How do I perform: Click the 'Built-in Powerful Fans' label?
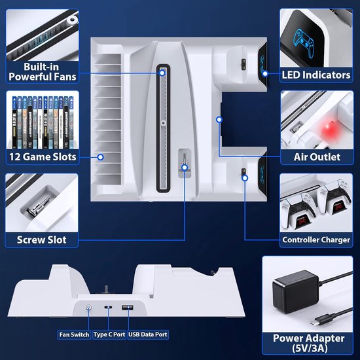(43, 72)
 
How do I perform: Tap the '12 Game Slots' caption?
(43, 157)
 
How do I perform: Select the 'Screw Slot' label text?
(41, 240)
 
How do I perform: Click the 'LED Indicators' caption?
(316, 75)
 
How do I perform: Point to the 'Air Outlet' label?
(317, 157)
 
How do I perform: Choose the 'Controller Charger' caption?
(316, 240)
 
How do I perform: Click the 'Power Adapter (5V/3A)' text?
(308, 343)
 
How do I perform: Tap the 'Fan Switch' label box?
(74, 334)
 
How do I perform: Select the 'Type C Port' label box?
(109, 334)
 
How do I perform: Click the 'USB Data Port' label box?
(148, 334)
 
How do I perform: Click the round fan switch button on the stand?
(88, 307)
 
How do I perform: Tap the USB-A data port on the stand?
(128, 308)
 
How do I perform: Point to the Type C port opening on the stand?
(108, 307)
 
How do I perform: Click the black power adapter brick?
(295, 291)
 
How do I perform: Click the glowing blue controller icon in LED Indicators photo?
(304, 43)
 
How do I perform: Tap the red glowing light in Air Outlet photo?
(329, 128)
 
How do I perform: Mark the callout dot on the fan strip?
(162, 73)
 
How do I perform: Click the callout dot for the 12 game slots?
(100, 157)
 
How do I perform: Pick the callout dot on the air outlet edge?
(219, 119)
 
